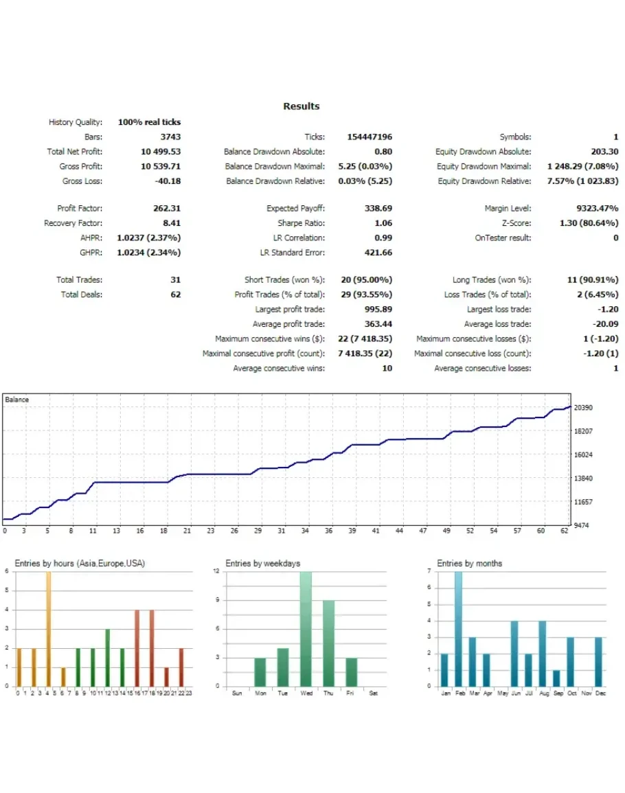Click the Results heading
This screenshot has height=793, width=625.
tap(302, 106)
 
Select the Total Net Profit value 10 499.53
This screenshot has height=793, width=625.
tap(161, 152)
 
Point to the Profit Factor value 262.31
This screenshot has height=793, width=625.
tap(166, 208)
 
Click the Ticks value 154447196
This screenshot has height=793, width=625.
tap(370, 137)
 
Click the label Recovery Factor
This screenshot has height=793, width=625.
tap(73, 223)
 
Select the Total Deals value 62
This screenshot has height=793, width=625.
tap(176, 295)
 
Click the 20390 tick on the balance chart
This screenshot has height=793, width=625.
tap(583, 408)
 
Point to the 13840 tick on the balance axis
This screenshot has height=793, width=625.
tap(583, 479)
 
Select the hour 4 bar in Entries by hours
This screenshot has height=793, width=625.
tap(48, 628)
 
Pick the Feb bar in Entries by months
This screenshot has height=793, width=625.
tap(459, 628)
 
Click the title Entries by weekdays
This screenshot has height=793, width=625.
tap(263, 564)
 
